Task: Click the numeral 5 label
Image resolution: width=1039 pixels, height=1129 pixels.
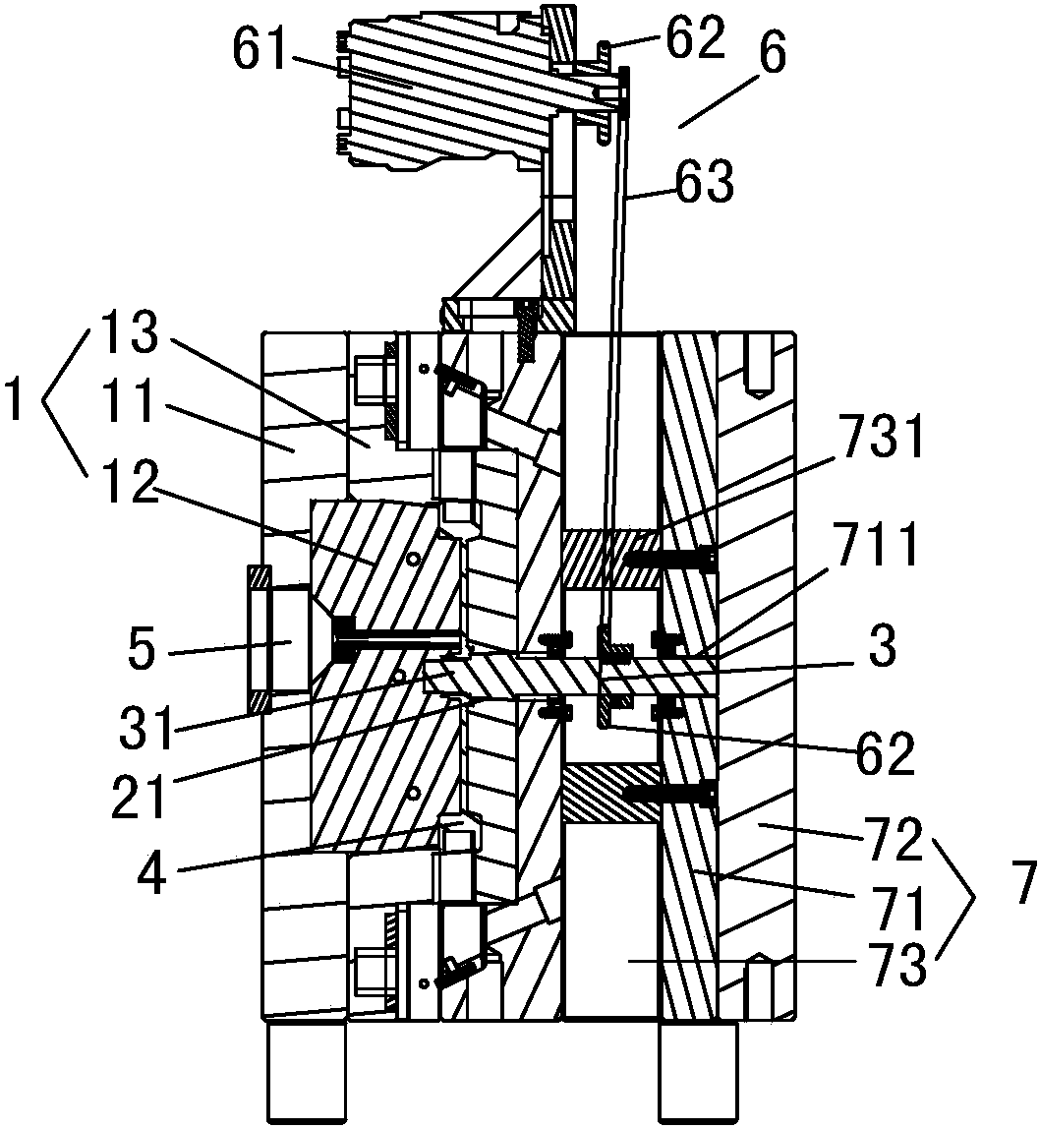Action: [144, 651]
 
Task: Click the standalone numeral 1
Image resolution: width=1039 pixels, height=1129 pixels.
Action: [14, 402]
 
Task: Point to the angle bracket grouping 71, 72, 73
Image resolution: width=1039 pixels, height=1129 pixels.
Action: [959, 900]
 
